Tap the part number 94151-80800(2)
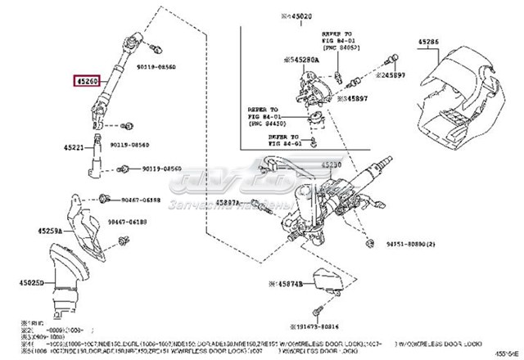[414, 244]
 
